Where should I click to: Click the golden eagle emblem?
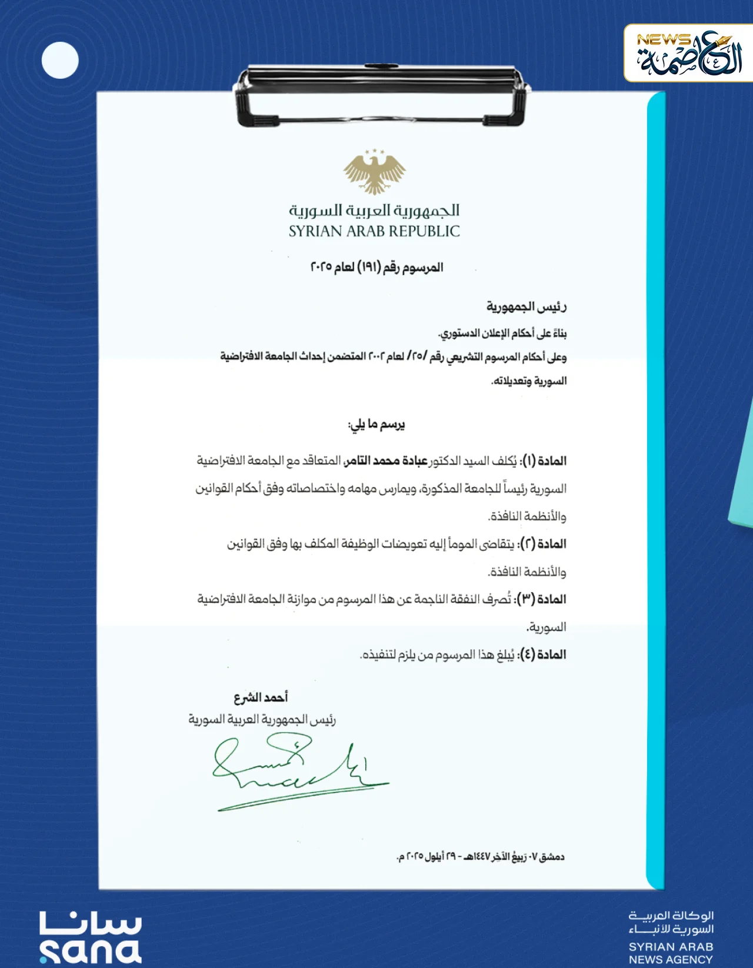click(x=375, y=172)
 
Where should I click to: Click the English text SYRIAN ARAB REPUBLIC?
click(x=374, y=231)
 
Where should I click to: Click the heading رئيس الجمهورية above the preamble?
click(x=526, y=306)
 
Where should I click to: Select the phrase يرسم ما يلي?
click(x=376, y=424)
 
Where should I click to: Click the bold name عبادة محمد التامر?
click(x=386, y=460)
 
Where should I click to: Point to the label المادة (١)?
click(x=544, y=460)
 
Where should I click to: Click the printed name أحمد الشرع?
click(x=261, y=697)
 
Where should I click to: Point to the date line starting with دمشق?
click(x=481, y=857)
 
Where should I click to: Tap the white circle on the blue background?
click(x=60, y=60)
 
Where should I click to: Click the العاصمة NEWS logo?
click(x=688, y=54)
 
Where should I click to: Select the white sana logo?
click(x=90, y=937)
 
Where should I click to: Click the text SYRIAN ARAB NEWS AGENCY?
click(x=671, y=953)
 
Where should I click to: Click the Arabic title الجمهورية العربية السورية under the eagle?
click(x=374, y=211)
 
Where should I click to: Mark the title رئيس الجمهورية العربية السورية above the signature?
click(x=262, y=720)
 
